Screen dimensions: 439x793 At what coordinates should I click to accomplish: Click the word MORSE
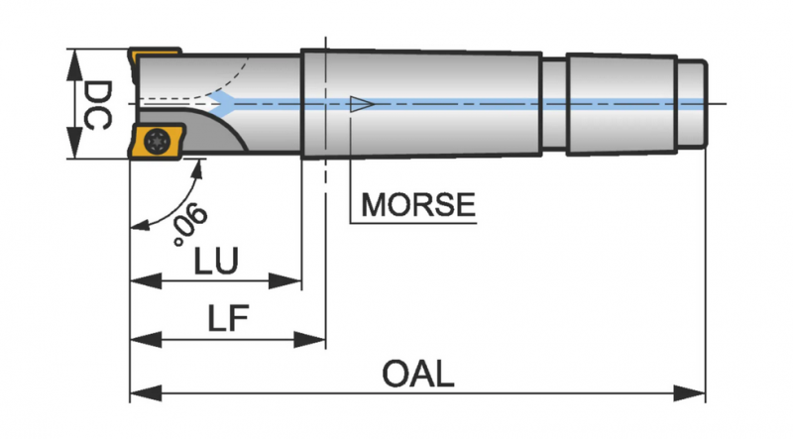tap(417, 205)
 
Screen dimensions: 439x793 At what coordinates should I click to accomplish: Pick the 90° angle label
tap(187, 223)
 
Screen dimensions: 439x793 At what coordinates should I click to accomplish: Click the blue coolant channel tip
tap(225, 102)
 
